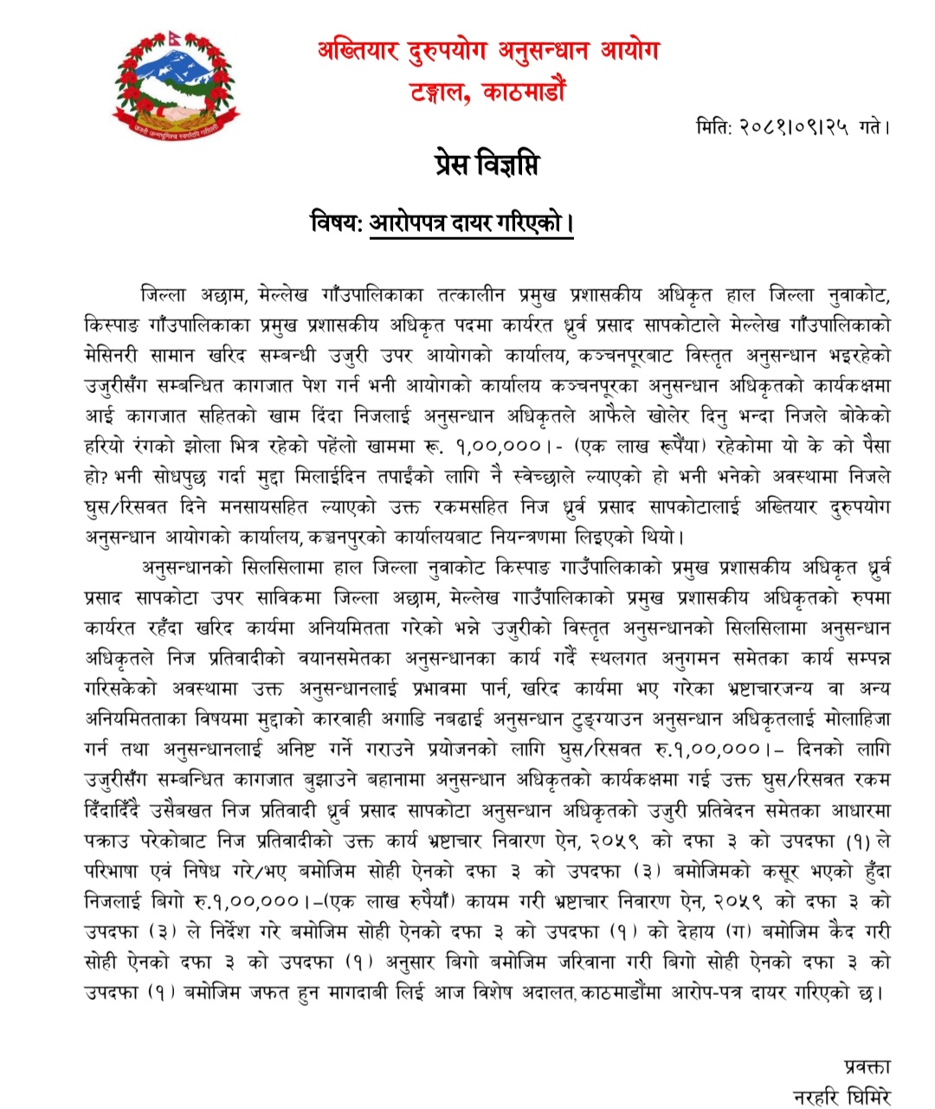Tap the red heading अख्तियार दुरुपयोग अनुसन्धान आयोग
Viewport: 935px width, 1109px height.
point(487,51)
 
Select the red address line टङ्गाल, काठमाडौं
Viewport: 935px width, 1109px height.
point(488,91)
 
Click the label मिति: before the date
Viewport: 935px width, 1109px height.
point(714,127)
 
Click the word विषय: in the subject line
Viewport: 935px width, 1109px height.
point(335,222)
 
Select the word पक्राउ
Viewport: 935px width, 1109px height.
point(106,840)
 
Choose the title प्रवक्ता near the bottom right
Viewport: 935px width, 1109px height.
point(866,1066)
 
